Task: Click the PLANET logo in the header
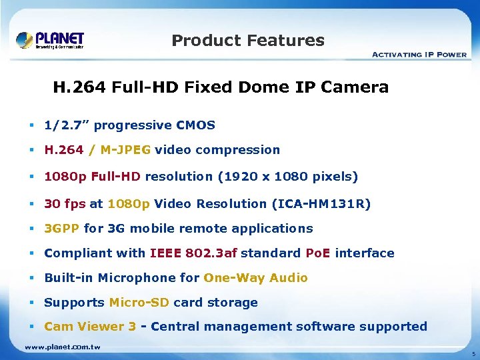pos(50,39)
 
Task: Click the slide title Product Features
pos(248,41)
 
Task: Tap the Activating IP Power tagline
pos(418,54)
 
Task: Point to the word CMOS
pos(195,125)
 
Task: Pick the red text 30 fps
pos(65,203)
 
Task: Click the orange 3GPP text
pos(62,229)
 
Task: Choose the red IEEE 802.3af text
pos(193,253)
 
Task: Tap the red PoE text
pos(318,253)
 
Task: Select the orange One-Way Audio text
pos(256,278)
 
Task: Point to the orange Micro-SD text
pos(139,303)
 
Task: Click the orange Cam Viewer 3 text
pos(90,327)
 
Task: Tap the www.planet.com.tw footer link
pos(63,347)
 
